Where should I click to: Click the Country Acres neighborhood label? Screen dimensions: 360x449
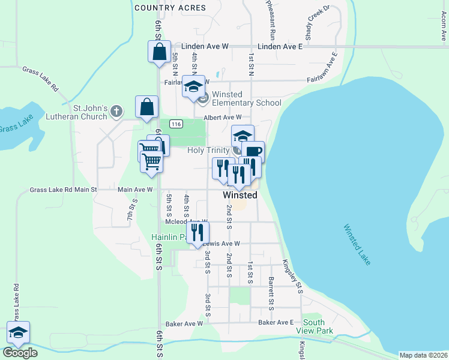coord(170,8)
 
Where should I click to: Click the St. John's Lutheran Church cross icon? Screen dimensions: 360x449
coord(116,111)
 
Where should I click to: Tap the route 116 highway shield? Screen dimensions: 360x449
coord(176,124)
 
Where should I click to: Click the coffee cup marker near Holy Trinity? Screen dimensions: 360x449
coord(253,152)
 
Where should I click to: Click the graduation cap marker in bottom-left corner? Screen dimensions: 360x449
coord(19,332)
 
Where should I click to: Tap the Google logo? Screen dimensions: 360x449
coord(20,353)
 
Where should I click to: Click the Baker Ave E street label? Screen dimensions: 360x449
coord(276,323)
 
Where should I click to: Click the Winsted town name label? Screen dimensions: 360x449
coord(240,195)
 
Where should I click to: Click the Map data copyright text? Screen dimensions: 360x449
coord(423,355)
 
